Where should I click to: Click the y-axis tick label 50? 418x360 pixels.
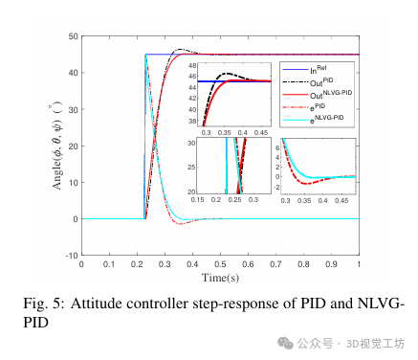click(x=73, y=36)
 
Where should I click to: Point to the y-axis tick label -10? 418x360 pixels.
click(x=71, y=256)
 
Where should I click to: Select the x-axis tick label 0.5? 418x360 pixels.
click(x=221, y=264)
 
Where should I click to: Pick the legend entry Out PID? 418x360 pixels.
click(x=323, y=83)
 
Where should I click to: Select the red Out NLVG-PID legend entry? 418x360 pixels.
click(x=323, y=97)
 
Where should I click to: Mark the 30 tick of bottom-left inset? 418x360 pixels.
click(x=191, y=142)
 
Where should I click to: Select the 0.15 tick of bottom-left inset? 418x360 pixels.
click(x=199, y=199)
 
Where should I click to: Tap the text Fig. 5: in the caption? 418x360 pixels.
click(x=38, y=304)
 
